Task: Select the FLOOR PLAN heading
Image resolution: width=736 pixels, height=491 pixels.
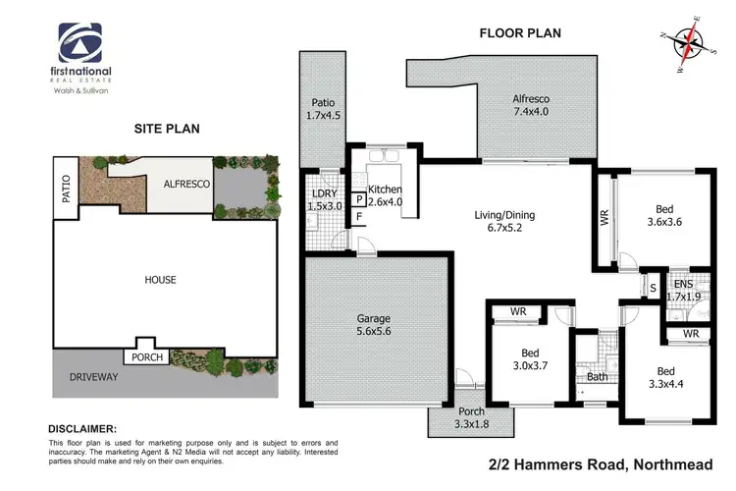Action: pos(519,32)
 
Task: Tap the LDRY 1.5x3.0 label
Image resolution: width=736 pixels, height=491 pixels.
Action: pos(324,199)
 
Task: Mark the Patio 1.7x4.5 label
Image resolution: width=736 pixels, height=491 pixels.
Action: pos(324,108)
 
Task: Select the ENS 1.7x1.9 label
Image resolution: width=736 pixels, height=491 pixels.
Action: pos(683,291)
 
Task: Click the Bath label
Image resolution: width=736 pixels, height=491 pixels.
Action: pos(597,377)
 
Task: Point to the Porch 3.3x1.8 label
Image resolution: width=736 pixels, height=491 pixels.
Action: pos(471,418)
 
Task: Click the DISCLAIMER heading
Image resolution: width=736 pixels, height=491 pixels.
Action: pos(81,429)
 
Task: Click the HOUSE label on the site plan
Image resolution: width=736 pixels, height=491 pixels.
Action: pos(161,280)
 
